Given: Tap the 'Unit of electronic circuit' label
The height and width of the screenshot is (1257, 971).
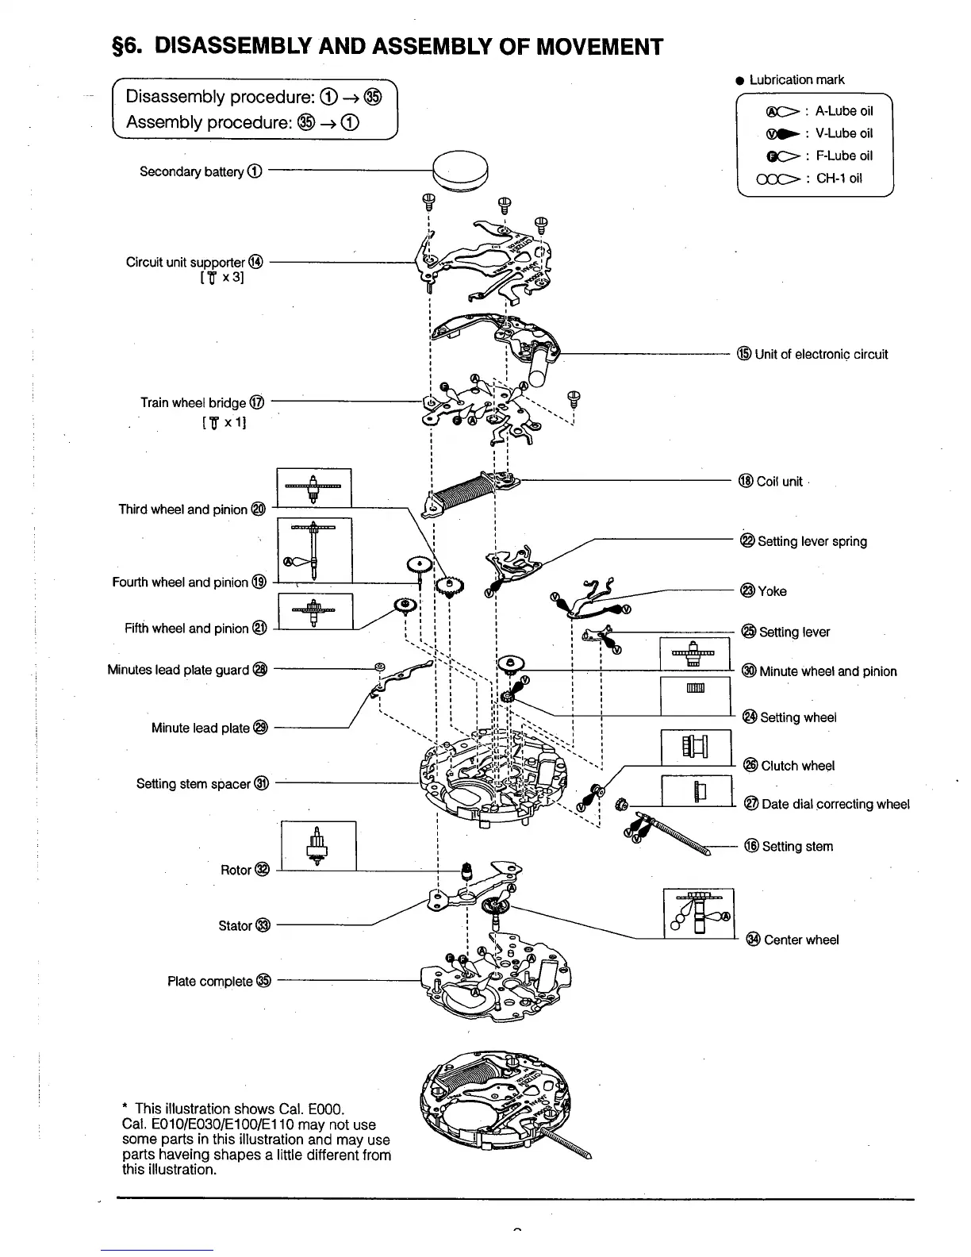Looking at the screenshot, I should (x=820, y=354).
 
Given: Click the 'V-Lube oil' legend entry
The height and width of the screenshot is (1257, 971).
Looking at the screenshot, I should (x=843, y=133).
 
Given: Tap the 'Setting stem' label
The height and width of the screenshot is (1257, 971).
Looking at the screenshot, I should (x=796, y=846).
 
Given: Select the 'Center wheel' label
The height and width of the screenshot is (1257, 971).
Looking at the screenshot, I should (x=800, y=940).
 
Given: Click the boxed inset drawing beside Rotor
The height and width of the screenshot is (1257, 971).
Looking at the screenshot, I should (x=318, y=845).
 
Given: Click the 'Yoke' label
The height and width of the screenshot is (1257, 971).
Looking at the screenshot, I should (x=771, y=591).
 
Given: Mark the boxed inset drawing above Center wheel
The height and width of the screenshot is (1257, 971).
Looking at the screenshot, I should (x=698, y=913).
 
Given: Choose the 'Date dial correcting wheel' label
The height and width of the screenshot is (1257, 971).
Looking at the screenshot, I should (x=835, y=804).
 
